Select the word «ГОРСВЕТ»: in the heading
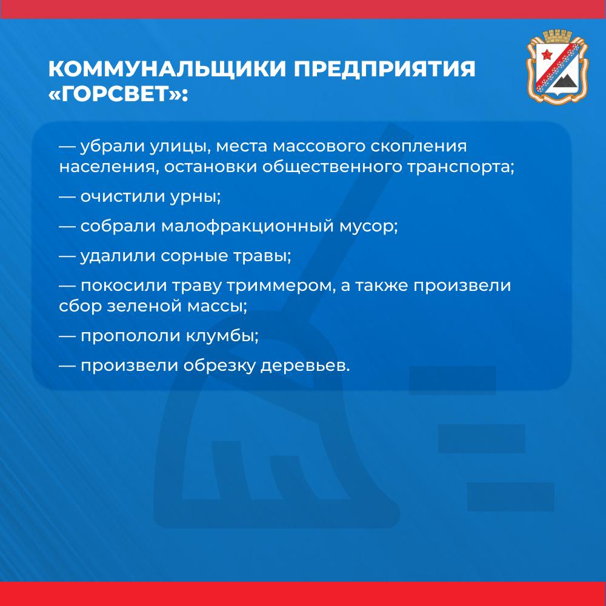(118, 94)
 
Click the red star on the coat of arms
(547, 55)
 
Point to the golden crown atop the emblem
(557, 36)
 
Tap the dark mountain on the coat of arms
(565, 82)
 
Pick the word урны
(195, 197)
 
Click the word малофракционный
(247, 227)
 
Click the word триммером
(281, 287)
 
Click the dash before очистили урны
(67, 197)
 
